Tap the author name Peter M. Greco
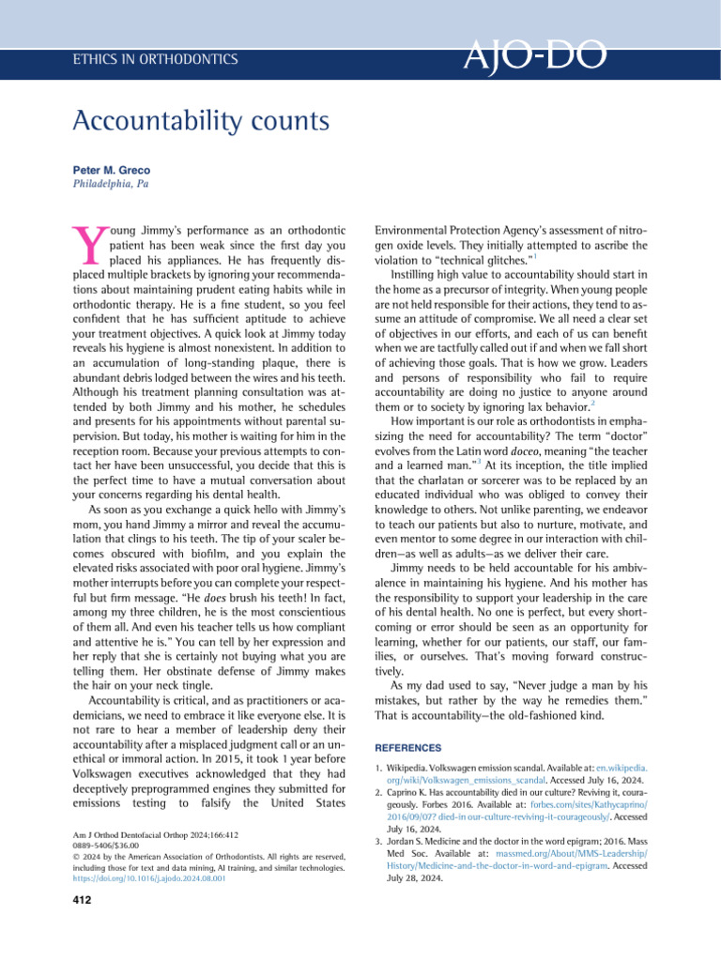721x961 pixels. (111, 170)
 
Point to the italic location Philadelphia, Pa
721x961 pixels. (110, 184)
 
